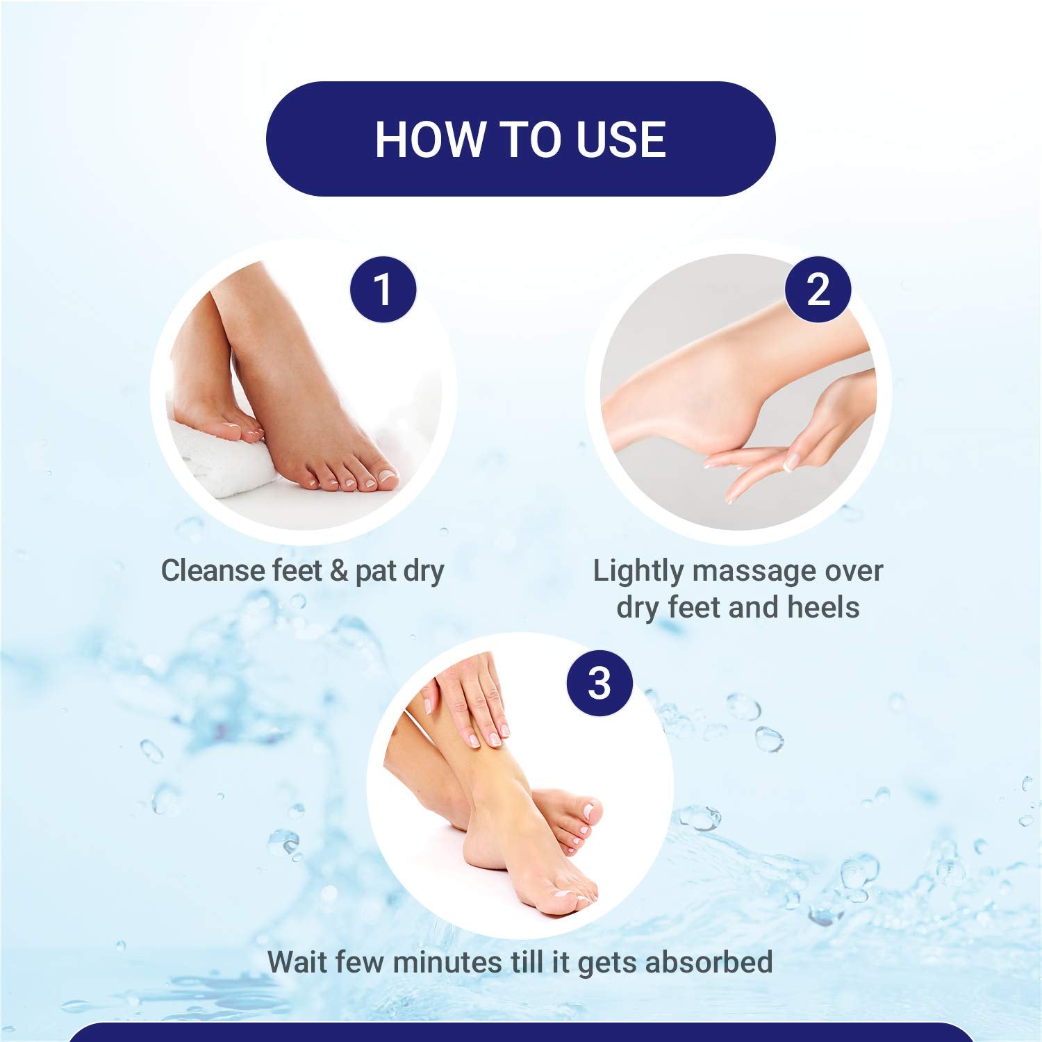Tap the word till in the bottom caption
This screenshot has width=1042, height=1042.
pos(524,962)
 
